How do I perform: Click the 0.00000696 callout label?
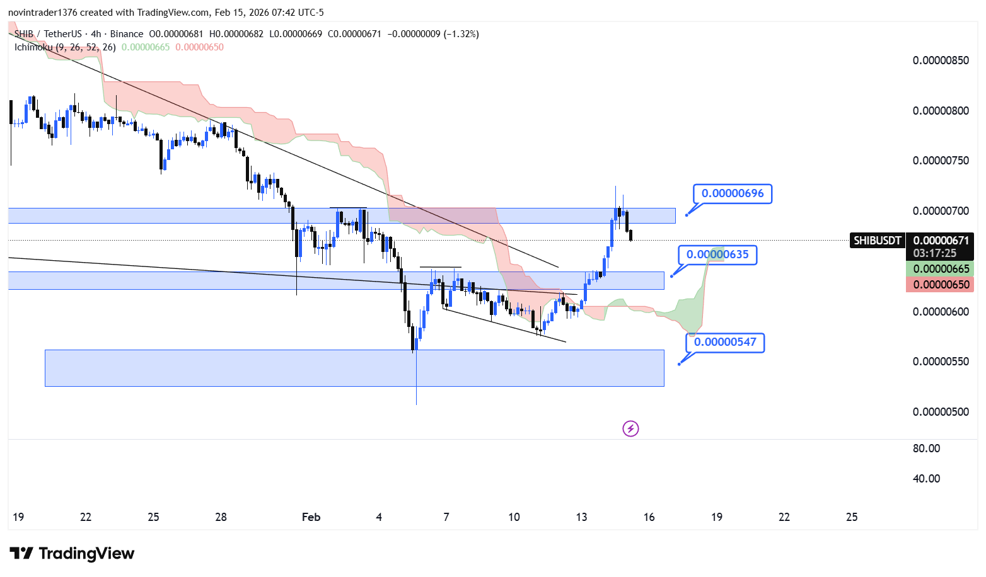732,193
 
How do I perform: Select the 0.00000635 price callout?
717,254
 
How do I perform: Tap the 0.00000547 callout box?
725,342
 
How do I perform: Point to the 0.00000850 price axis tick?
941,60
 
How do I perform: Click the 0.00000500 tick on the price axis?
941,412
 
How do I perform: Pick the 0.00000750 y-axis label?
941,161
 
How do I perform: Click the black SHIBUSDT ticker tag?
877,241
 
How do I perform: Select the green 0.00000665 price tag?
941,269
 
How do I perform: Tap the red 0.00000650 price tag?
941,285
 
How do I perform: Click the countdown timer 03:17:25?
934,253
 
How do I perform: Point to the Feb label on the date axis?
311,517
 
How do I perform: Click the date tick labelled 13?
581,517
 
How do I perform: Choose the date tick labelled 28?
221,517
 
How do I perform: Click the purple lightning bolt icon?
630,429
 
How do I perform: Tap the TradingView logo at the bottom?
72,554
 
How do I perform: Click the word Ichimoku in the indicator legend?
33,47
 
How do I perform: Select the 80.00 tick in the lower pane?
926,448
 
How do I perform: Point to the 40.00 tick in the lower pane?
926,479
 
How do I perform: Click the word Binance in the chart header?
127,34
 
